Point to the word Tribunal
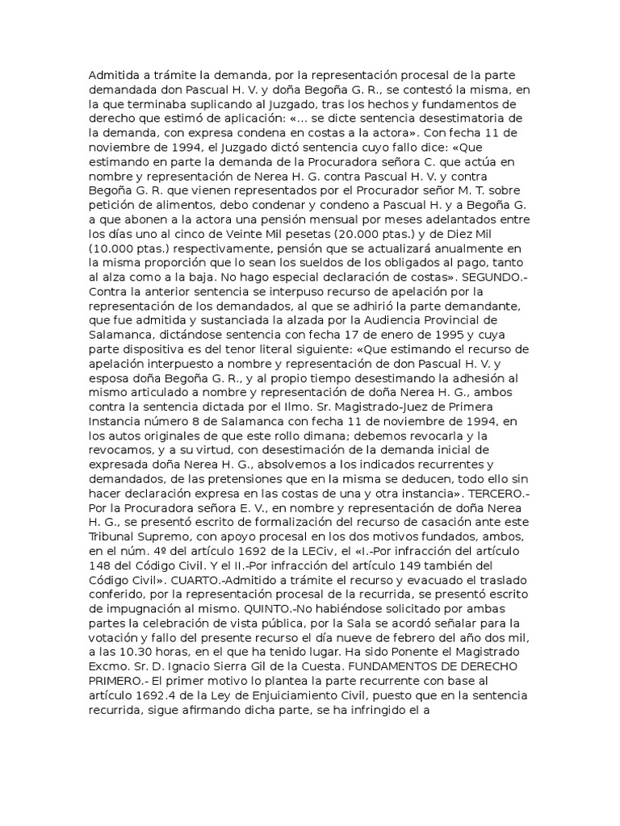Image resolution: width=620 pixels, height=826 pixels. pyautogui.click(x=112, y=536)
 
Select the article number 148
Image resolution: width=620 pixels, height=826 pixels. pyautogui.click(x=100, y=565)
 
